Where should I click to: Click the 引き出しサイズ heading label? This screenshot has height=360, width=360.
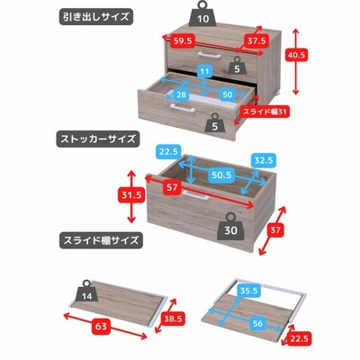[x=95, y=16]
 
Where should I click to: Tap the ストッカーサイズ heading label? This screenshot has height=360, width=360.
[x=98, y=139]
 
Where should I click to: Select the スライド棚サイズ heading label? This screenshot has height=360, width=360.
[x=101, y=240]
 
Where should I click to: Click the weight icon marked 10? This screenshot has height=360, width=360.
[x=202, y=14]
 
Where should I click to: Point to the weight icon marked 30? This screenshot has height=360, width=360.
[x=230, y=227]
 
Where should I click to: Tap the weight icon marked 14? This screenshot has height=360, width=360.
[x=86, y=292]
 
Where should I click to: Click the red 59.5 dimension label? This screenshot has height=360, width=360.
[x=183, y=40]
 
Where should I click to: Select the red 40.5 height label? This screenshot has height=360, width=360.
[x=296, y=55]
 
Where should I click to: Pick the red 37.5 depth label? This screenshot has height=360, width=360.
[x=256, y=40]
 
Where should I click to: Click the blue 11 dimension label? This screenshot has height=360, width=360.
[x=204, y=71]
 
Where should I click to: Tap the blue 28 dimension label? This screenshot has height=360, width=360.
[x=181, y=94]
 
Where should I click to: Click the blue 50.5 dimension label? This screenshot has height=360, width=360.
[x=221, y=175]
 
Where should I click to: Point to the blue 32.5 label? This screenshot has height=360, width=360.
[x=264, y=160]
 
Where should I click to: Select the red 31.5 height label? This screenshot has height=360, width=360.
[x=131, y=195]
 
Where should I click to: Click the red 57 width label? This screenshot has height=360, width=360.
[x=172, y=188]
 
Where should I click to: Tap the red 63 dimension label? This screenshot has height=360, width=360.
[x=101, y=326]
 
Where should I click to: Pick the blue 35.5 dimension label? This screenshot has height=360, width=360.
[x=249, y=291]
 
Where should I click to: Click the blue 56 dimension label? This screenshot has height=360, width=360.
[x=257, y=323]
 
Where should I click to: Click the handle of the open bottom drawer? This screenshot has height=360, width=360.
[x=182, y=108]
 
